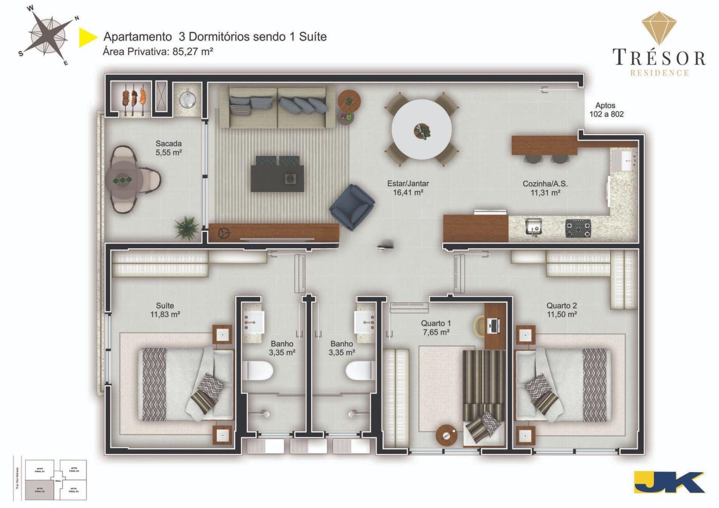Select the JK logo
tap(669, 482)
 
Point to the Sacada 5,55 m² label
tap(168, 148)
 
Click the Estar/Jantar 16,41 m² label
tap(408, 188)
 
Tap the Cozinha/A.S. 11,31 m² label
tap(545, 188)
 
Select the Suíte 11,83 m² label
tap(165, 310)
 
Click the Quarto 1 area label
tap(436, 327)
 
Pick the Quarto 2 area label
tap(561, 310)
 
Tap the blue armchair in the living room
tap(352, 207)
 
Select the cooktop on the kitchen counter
tap(578, 228)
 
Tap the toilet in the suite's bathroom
tap(258, 370)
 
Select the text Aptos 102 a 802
tap(606, 110)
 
